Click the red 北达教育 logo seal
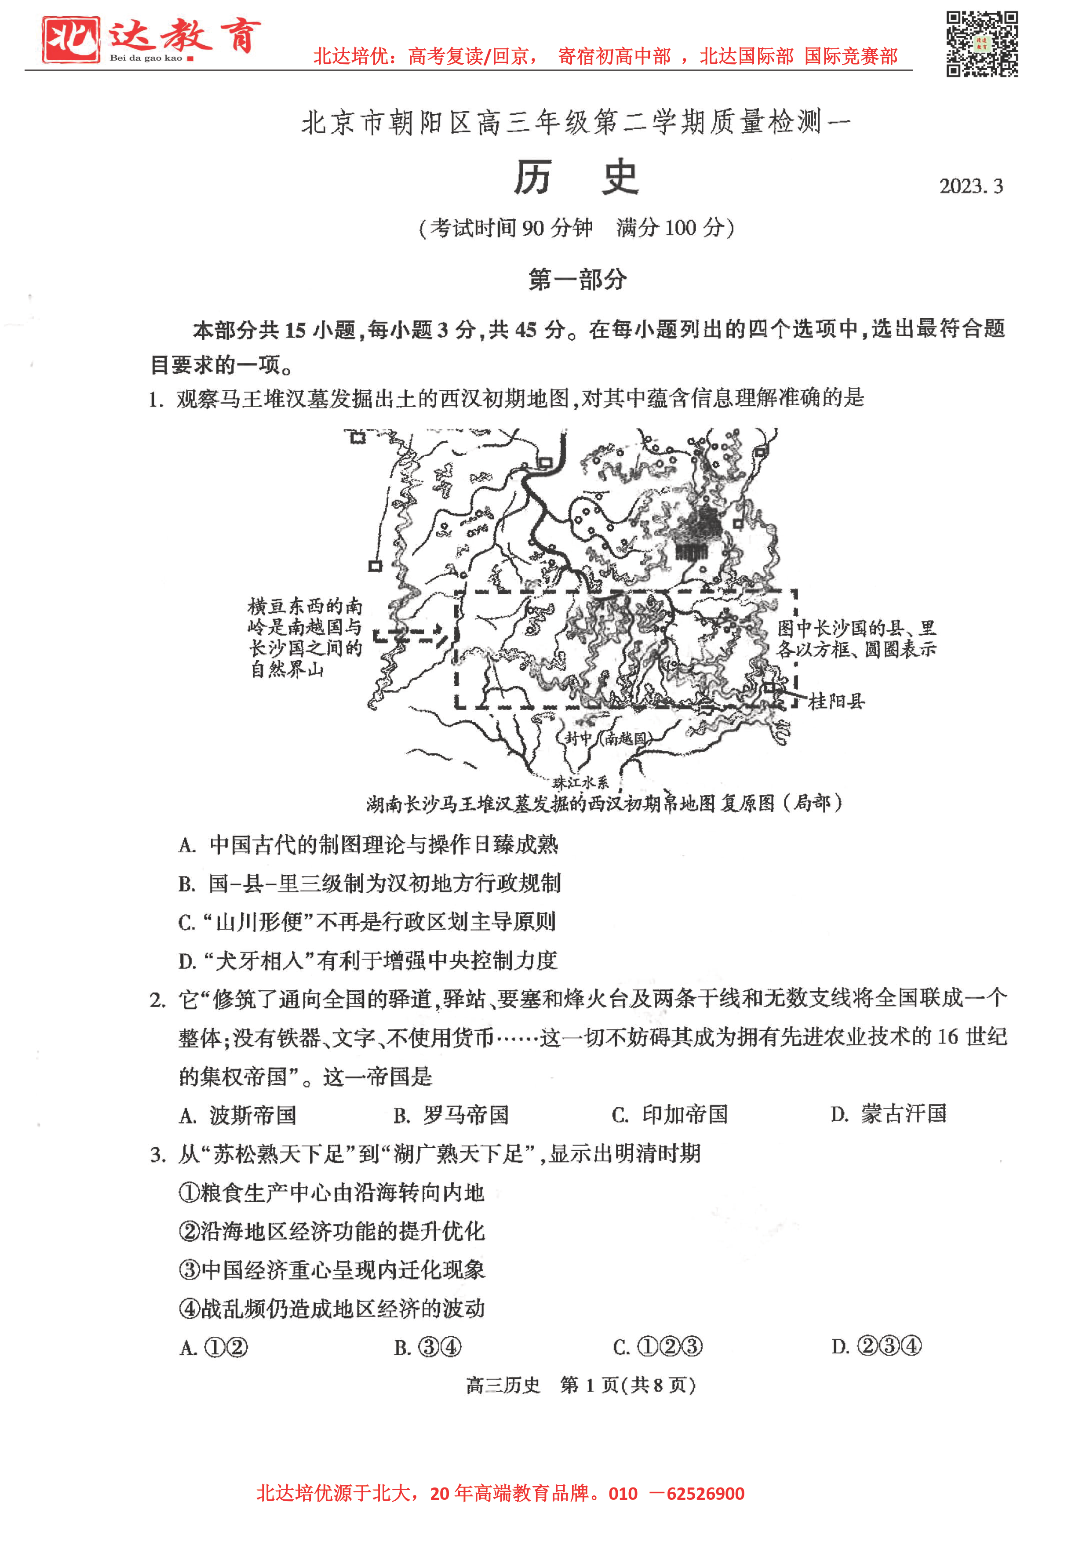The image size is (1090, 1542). pos(70,40)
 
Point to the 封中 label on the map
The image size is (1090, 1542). pos(578,738)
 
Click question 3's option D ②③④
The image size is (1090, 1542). pos(876,1346)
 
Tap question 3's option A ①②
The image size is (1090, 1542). pos(214,1348)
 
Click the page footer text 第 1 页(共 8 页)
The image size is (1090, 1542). pos(627,1385)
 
